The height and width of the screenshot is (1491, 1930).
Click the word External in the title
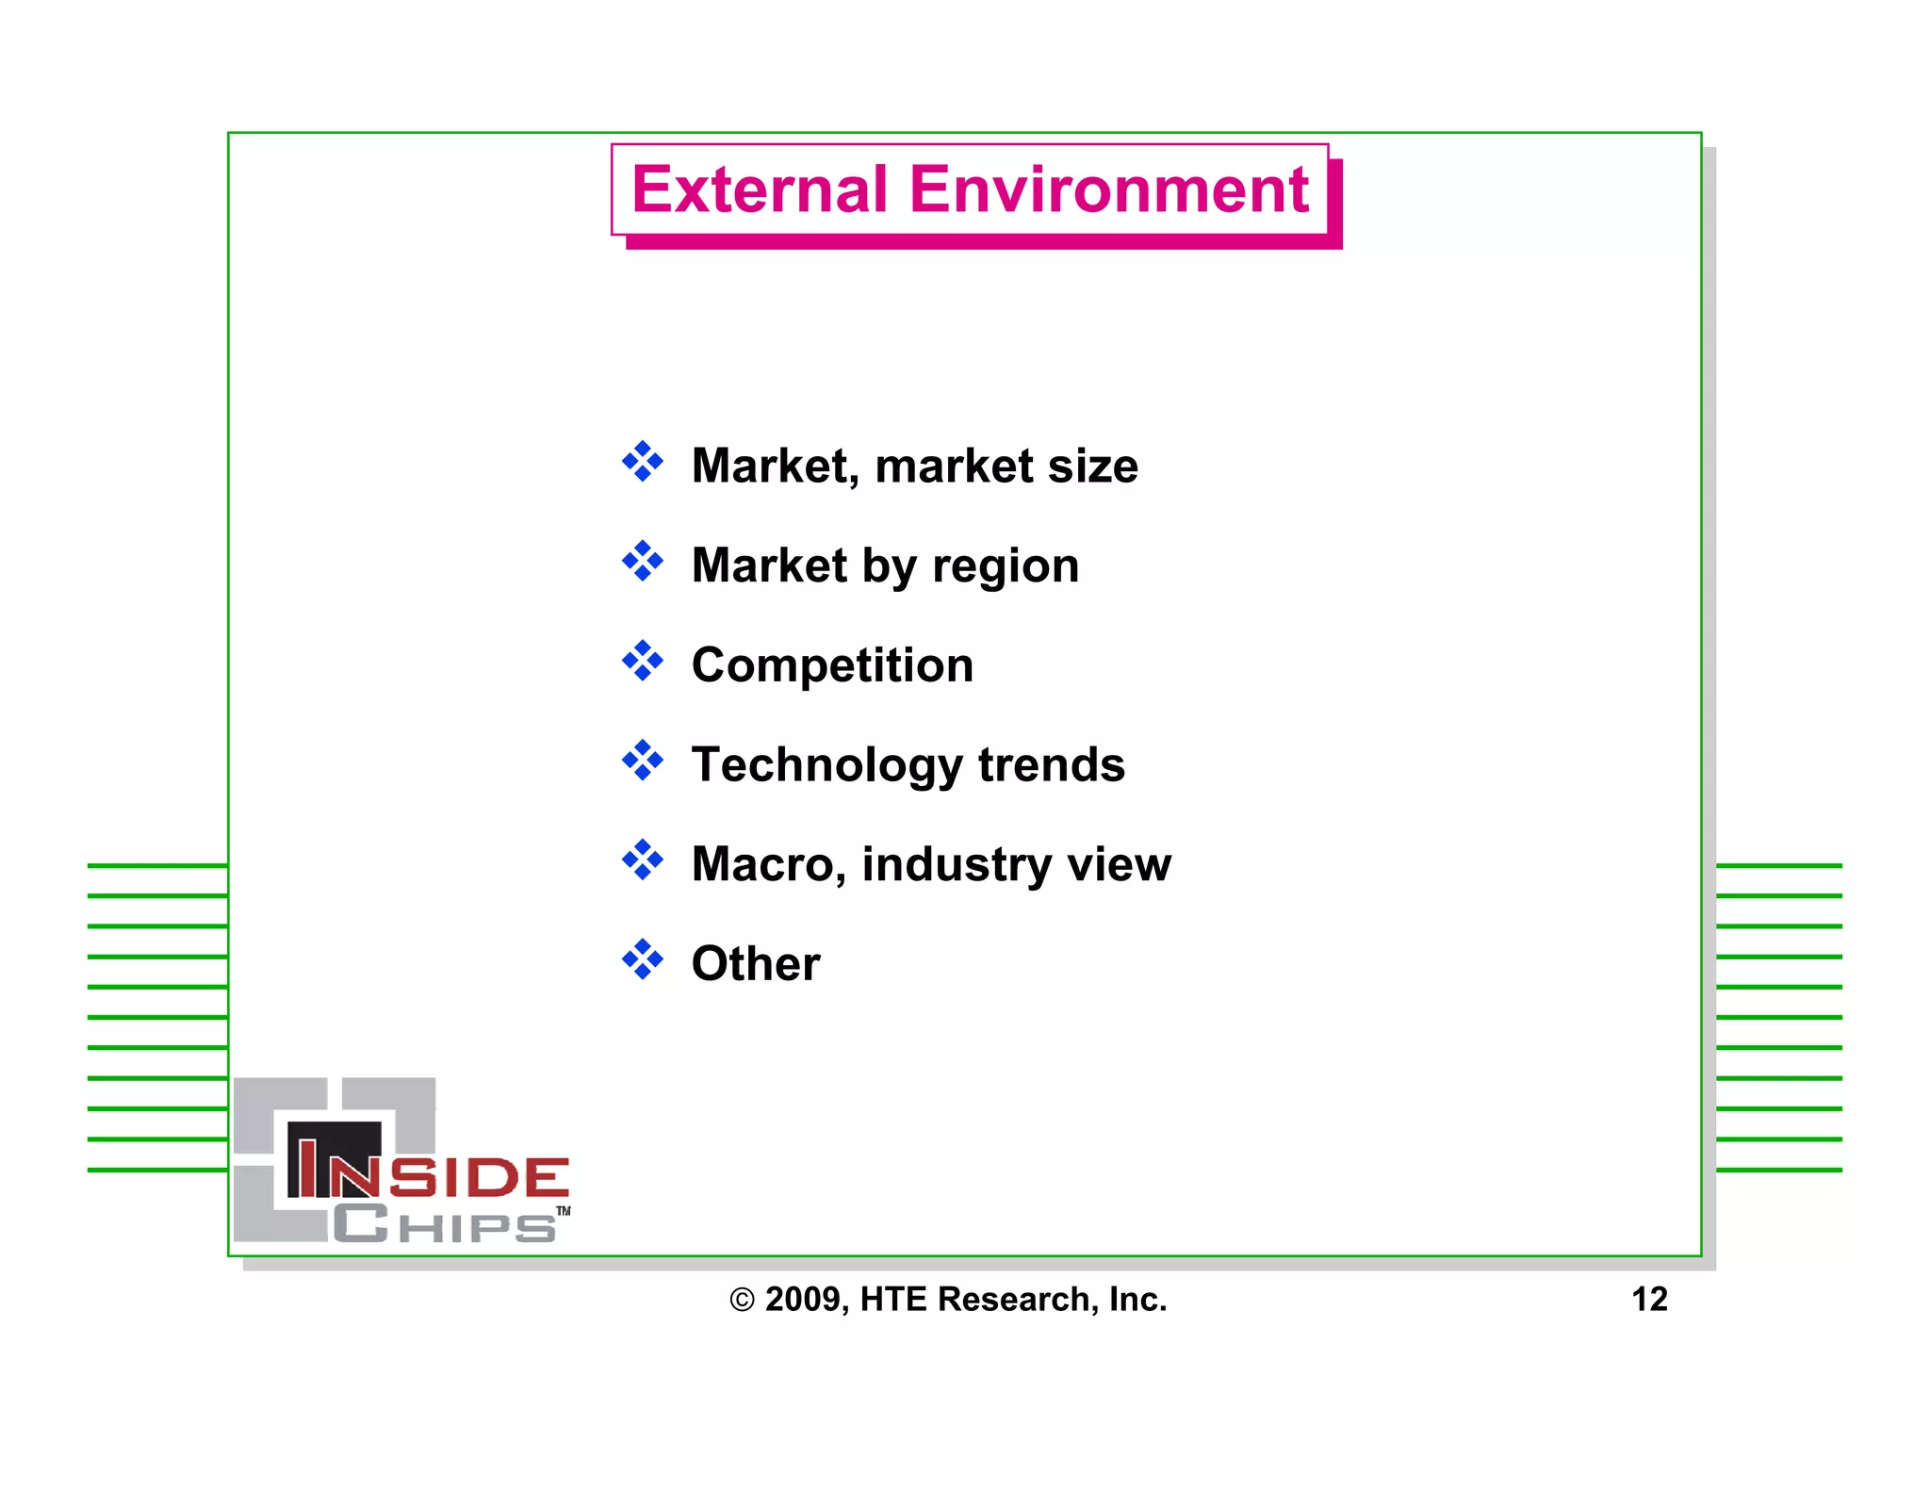click(x=760, y=190)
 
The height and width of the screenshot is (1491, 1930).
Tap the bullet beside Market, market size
click(x=643, y=462)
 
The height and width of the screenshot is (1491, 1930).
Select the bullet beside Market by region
click(x=643, y=562)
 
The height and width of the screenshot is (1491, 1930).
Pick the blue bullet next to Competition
click(x=643, y=661)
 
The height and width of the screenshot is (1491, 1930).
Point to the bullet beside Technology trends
click(x=643, y=761)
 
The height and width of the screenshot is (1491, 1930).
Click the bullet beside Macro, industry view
click(x=643, y=860)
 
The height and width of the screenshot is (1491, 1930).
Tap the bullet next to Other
click(x=643, y=959)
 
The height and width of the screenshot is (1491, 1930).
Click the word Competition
click(x=832, y=665)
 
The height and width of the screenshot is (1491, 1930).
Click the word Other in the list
click(x=756, y=964)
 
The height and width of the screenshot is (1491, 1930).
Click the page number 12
click(x=1649, y=1300)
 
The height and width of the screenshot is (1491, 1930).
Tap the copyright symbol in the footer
click(x=743, y=1301)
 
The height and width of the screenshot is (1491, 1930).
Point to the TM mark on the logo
click(x=564, y=1211)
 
